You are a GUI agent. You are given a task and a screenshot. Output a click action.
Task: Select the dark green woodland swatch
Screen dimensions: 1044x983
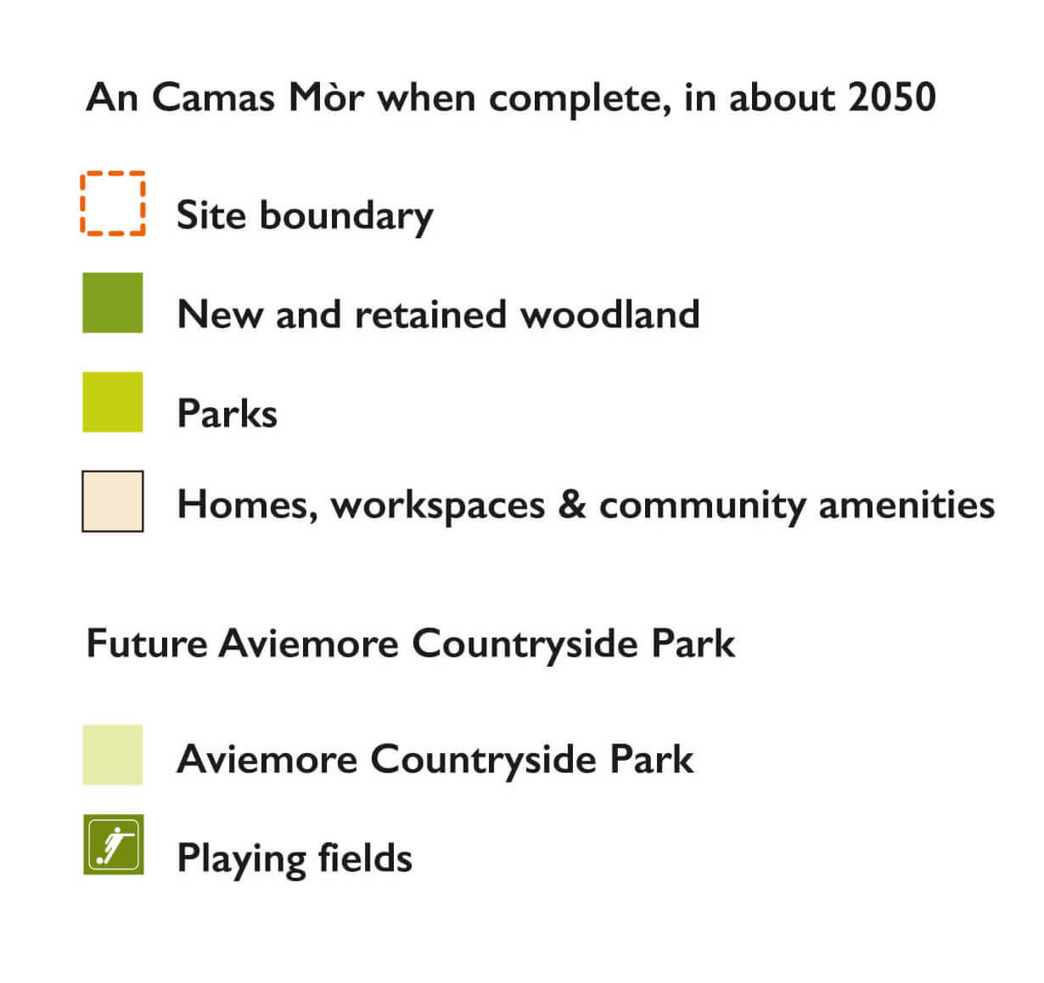113,303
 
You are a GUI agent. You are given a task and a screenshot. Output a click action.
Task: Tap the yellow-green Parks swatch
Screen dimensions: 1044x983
113,402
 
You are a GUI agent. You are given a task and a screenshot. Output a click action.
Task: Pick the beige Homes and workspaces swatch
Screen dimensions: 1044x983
113,501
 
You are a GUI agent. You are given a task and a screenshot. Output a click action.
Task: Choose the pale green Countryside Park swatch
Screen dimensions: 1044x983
113,755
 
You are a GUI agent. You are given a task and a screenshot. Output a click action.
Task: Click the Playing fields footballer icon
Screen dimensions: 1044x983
114,845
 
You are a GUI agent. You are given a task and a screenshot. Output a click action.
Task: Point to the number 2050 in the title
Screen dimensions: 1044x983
892,98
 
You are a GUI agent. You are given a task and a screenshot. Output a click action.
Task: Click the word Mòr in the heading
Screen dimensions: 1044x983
327,98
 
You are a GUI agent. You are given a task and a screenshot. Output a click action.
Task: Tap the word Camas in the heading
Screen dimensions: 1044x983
213,98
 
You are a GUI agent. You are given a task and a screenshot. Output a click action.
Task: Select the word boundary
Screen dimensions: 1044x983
346,215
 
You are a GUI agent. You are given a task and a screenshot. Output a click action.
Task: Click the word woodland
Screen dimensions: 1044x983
609,314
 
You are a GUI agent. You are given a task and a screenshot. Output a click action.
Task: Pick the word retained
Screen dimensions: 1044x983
430,314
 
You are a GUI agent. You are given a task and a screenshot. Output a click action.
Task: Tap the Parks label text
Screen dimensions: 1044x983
227,414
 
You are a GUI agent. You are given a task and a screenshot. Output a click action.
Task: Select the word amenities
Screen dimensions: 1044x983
906,505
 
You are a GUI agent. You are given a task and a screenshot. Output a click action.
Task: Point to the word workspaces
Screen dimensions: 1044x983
438,506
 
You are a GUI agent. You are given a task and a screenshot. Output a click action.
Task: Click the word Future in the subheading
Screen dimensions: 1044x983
147,643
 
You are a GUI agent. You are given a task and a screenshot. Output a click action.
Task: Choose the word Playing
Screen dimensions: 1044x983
241,859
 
